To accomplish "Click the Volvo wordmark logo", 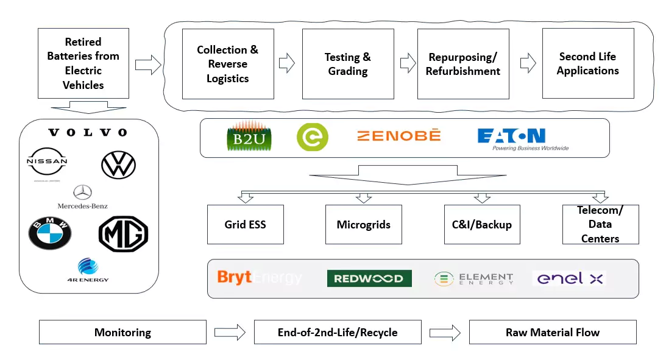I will coord(88,133).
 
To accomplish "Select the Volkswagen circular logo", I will coord(118,164).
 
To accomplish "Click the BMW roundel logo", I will coord(50,233).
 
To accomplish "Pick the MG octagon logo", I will coord(123,234).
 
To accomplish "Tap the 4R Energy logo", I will coord(85,270).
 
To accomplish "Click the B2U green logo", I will coord(248,137).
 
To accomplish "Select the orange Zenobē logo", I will coord(399,135).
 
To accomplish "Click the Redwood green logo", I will coord(369,278).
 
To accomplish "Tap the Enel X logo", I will coord(569,278).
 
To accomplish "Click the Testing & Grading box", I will coord(347,64).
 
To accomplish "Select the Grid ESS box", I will coord(245,224).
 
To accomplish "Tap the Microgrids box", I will coord(363,224).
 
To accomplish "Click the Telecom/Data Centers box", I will coord(600,224).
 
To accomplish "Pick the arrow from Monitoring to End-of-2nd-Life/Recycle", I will coord(230,333).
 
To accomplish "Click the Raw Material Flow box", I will coord(552,333).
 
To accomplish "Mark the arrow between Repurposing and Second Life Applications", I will coord(528,63).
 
